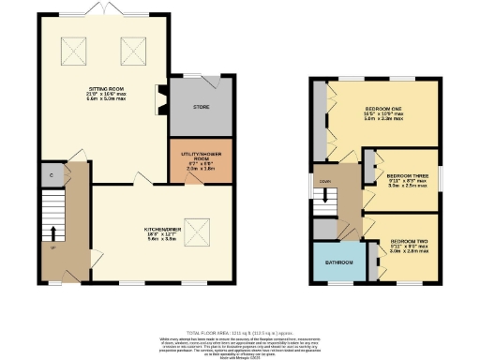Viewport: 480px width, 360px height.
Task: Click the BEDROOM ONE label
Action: pyautogui.click(x=382, y=109)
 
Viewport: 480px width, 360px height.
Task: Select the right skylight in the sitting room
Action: pyautogui.click(x=131, y=48)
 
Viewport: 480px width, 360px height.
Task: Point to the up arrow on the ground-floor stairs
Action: pyautogui.click(x=53, y=232)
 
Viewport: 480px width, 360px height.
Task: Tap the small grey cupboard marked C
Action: pyautogui.click(x=49, y=174)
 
